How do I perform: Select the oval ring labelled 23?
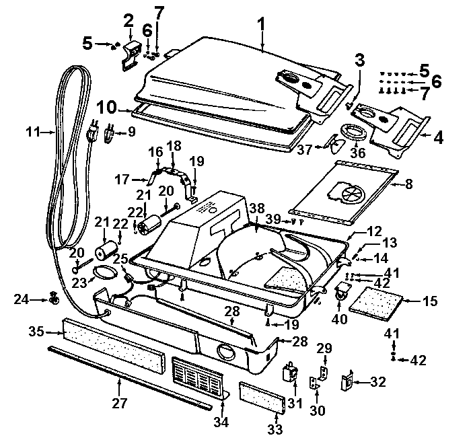coord(102,271)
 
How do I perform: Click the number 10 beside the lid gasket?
coord(109,108)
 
